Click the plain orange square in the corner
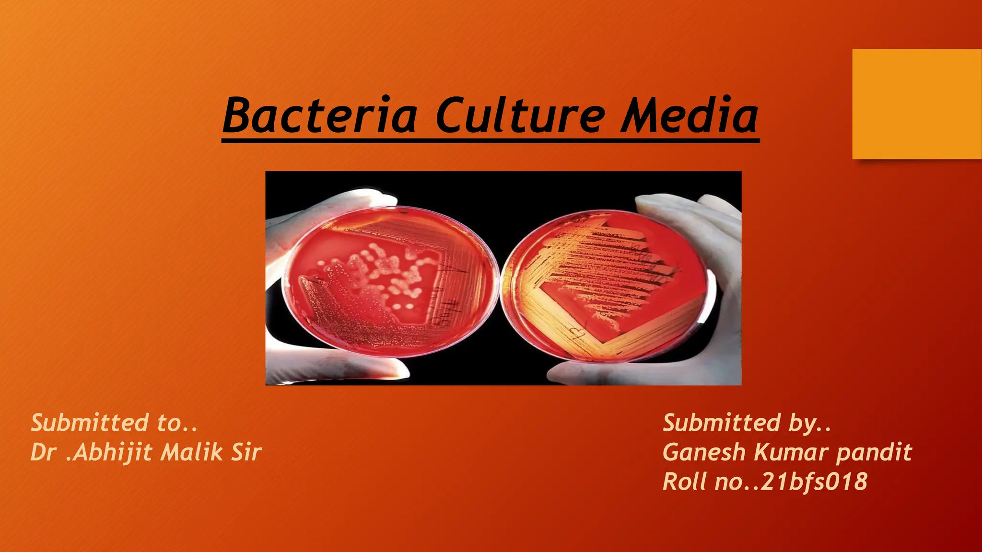[916, 103]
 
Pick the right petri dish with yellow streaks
[607, 285]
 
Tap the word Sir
[246, 452]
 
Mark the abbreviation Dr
[44, 452]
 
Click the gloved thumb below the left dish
[364, 369]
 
